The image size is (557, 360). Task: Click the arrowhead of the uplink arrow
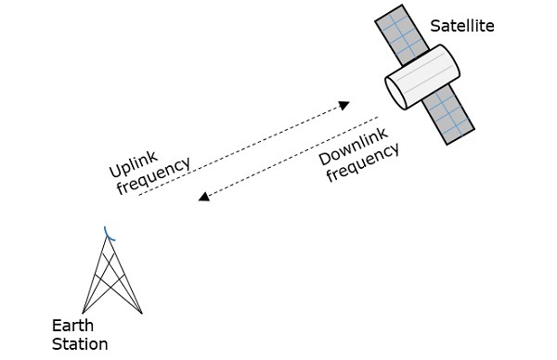pos(344,104)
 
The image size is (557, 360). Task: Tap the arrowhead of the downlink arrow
pos(204,197)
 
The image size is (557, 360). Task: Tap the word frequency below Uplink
pos(154,176)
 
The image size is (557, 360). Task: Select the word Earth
pos(72,327)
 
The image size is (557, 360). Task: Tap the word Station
pos(80,344)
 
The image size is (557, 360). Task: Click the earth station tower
pos(111,278)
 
